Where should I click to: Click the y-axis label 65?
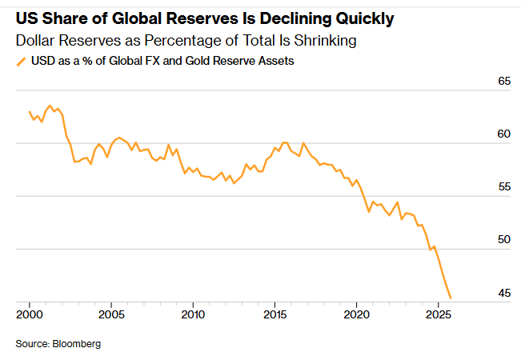click(504, 82)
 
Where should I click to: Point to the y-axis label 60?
click(504, 134)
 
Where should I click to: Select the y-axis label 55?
click(504, 187)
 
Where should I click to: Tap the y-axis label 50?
click(504, 240)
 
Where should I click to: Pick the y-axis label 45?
click(504, 294)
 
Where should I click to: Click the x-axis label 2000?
click(30, 314)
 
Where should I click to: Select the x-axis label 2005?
click(111, 314)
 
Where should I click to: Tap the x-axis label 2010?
click(193, 314)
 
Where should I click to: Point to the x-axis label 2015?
click(275, 314)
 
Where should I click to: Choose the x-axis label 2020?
click(356, 314)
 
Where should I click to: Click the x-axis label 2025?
click(438, 314)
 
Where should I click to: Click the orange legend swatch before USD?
click(20, 60)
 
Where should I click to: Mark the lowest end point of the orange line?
click(451, 298)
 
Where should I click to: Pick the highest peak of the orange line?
click(50, 105)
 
